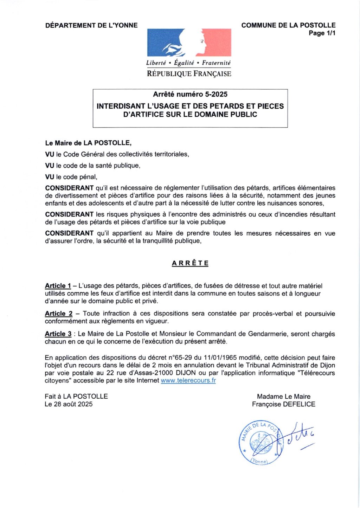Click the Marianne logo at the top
189,43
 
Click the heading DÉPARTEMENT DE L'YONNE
91,25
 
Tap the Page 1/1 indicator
322,33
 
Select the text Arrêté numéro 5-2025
190,94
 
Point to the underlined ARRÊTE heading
190,263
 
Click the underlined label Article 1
58,286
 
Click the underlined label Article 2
58,314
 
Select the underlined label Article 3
58,334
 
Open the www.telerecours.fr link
188,380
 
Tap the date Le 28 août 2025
69,404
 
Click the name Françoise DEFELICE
283,404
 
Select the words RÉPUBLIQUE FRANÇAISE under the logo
189,74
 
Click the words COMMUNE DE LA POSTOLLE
288,25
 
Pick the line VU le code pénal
71,177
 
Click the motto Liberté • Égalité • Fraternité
188,63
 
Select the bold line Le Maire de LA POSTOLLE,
88,143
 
